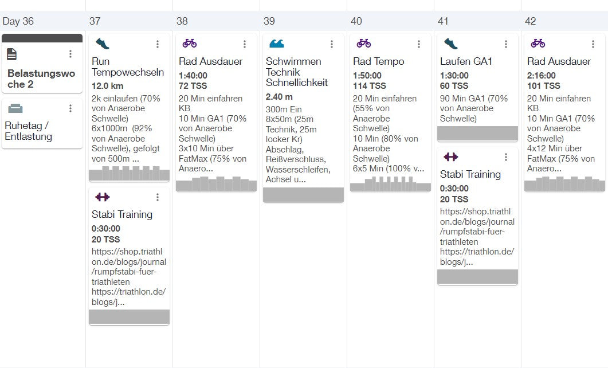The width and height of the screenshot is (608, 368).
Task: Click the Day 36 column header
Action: [x=18, y=21]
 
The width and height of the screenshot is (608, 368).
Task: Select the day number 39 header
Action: [x=269, y=21]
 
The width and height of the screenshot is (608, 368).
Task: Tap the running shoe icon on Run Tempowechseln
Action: [x=103, y=44]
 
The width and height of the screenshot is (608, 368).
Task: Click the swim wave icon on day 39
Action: [x=277, y=44]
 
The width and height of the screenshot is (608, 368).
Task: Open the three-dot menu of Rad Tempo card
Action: [x=419, y=44]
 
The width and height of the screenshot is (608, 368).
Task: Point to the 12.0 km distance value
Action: [x=107, y=86]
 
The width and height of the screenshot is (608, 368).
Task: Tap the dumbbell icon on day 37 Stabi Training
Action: [x=103, y=197]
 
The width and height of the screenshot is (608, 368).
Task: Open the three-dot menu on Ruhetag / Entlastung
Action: [x=70, y=108]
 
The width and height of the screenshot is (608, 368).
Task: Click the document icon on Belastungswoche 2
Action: [x=12, y=54]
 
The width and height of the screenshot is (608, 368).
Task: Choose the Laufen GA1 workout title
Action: [x=466, y=61]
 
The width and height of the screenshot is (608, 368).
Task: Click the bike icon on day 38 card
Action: [x=190, y=44]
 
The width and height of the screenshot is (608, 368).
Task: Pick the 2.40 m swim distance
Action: [x=279, y=97]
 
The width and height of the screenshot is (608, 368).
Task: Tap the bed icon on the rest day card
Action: [x=15, y=108]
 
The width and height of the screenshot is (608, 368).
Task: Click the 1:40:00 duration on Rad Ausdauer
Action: [x=193, y=76]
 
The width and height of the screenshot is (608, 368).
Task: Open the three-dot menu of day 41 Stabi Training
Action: [x=506, y=157]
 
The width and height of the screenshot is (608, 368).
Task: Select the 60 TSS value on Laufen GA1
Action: [x=454, y=86]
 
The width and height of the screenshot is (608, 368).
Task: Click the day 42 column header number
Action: [x=531, y=21]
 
